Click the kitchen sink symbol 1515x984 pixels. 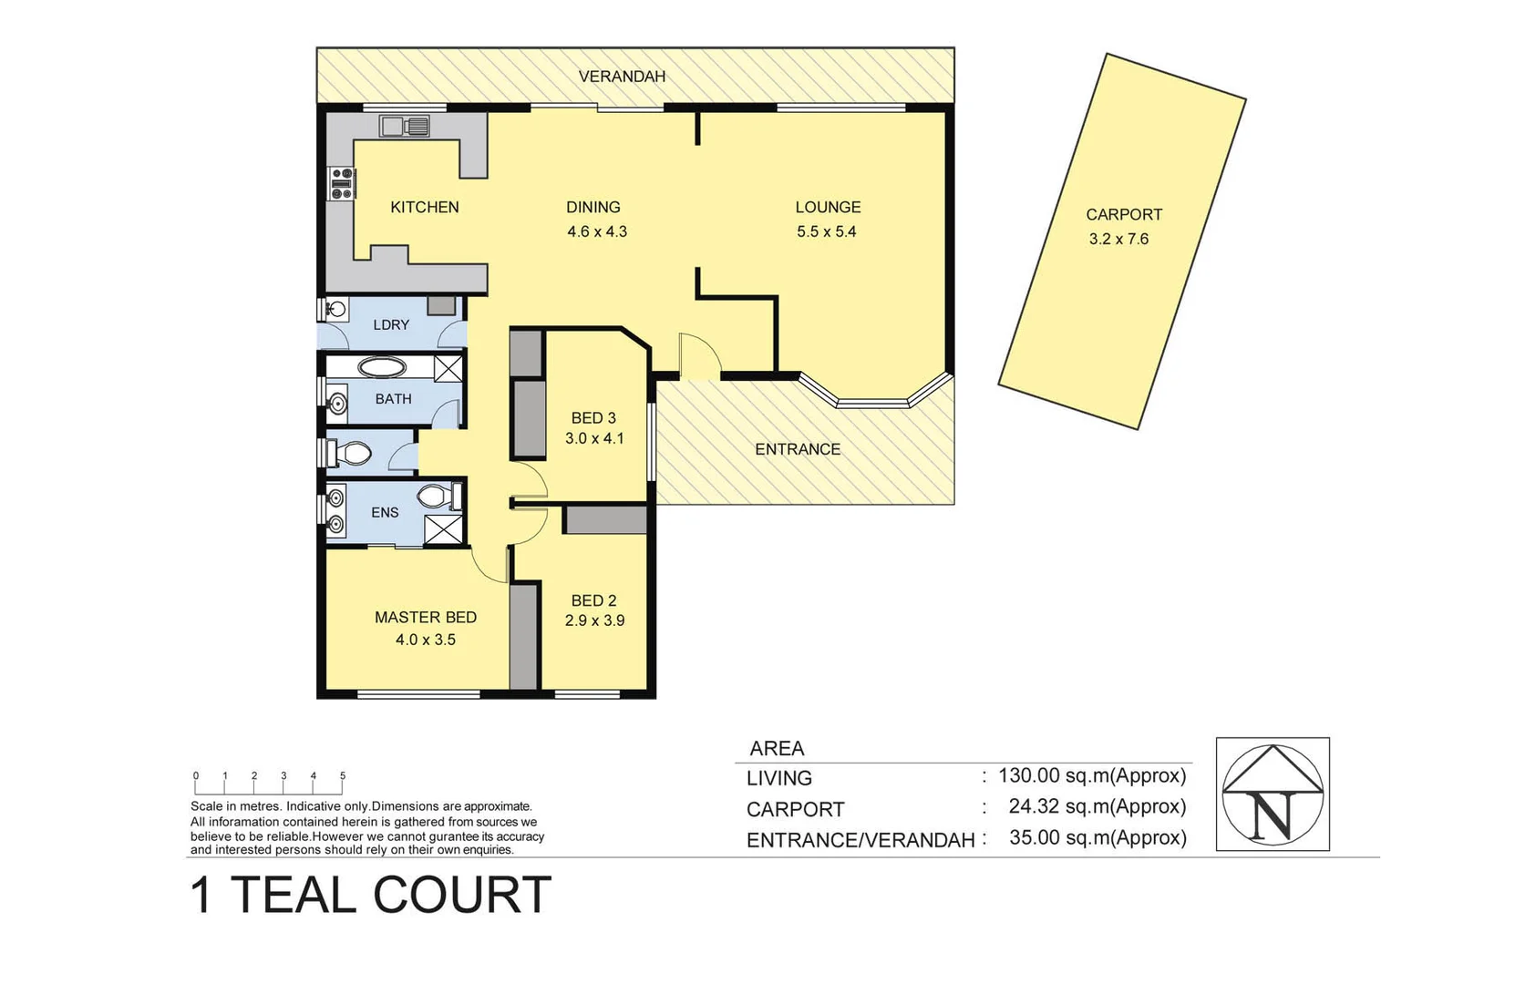pyautogui.click(x=405, y=126)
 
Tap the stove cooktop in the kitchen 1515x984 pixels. pyautogui.click(x=342, y=183)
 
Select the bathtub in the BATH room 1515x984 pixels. pyautogui.click(x=382, y=368)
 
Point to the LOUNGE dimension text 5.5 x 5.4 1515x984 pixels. pyautogui.click(x=826, y=231)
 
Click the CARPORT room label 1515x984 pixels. pyautogui.click(x=1123, y=215)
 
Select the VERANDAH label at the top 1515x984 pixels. pyautogui.click(x=622, y=77)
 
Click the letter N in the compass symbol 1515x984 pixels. pyautogui.click(x=1272, y=814)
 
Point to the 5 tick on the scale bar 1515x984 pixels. pyautogui.click(x=343, y=777)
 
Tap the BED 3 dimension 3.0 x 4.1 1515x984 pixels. pyautogui.click(x=593, y=438)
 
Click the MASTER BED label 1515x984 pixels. pyautogui.click(x=425, y=617)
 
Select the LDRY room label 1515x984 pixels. pyautogui.click(x=391, y=324)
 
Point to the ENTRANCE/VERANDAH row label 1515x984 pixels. pyautogui.click(x=860, y=840)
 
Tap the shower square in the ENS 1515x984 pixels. pyautogui.click(x=443, y=529)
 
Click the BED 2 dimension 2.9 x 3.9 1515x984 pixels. pyautogui.click(x=593, y=620)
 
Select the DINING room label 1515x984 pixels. pyautogui.click(x=593, y=207)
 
